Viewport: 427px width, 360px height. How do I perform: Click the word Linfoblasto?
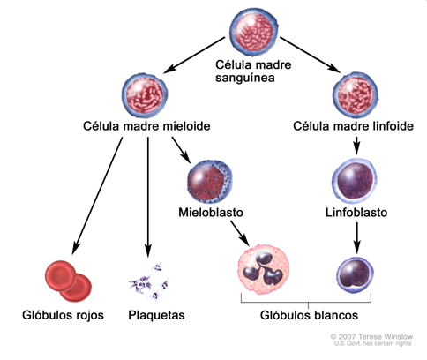(x=356, y=214)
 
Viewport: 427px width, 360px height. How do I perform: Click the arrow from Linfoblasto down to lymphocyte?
(x=355, y=238)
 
